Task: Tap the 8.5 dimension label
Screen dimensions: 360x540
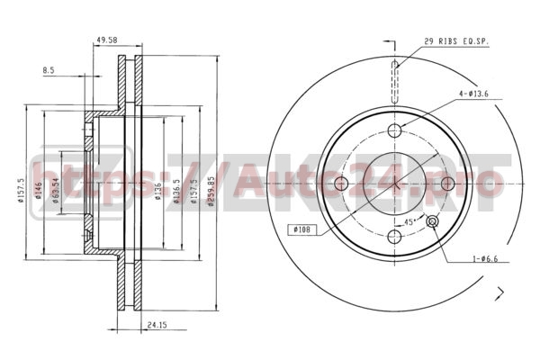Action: click(48, 69)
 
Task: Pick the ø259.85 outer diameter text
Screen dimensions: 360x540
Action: click(211, 191)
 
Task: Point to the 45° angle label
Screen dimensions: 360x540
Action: click(409, 221)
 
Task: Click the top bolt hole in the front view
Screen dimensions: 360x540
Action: click(394, 131)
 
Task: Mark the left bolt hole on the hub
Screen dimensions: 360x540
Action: click(341, 184)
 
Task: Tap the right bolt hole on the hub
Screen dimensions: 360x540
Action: click(447, 184)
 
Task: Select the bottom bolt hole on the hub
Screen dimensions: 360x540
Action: click(394, 238)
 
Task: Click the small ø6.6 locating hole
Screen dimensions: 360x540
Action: click(432, 222)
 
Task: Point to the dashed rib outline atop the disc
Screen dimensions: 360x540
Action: click(394, 80)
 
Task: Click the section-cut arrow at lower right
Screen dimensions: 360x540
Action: click(498, 291)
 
